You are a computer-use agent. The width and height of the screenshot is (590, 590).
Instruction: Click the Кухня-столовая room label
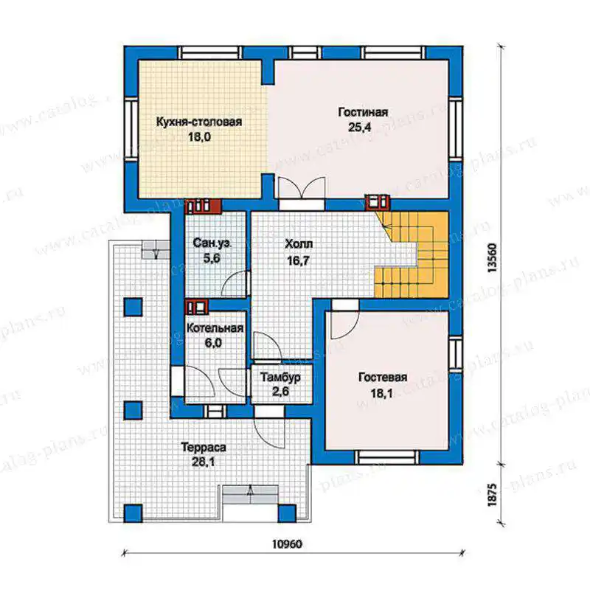[199, 122]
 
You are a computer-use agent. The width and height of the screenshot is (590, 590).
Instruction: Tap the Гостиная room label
[363, 112]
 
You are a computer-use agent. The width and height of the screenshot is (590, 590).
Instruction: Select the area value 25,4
[360, 127]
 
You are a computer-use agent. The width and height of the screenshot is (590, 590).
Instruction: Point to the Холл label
[299, 244]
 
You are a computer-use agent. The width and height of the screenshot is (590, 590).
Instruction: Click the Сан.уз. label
[212, 243]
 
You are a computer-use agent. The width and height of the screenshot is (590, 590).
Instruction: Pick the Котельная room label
[215, 328]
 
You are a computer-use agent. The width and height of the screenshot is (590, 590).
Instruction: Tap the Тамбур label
[281, 377]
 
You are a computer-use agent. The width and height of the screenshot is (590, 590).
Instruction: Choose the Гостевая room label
[383, 377]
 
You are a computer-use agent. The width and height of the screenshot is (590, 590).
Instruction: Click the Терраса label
[204, 448]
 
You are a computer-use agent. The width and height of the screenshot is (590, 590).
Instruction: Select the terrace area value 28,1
[204, 462]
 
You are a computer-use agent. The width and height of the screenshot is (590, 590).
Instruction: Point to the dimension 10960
[287, 544]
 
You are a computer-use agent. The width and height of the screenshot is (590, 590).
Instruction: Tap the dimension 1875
[492, 495]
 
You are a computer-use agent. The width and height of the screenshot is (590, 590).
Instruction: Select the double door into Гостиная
[301, 187]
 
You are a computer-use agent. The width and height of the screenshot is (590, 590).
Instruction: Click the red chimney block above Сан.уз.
[204, 206]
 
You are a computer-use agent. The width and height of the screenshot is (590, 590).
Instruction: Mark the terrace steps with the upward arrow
[250, 494]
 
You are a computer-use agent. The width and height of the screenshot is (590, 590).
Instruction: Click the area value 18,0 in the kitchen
[199, 136]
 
